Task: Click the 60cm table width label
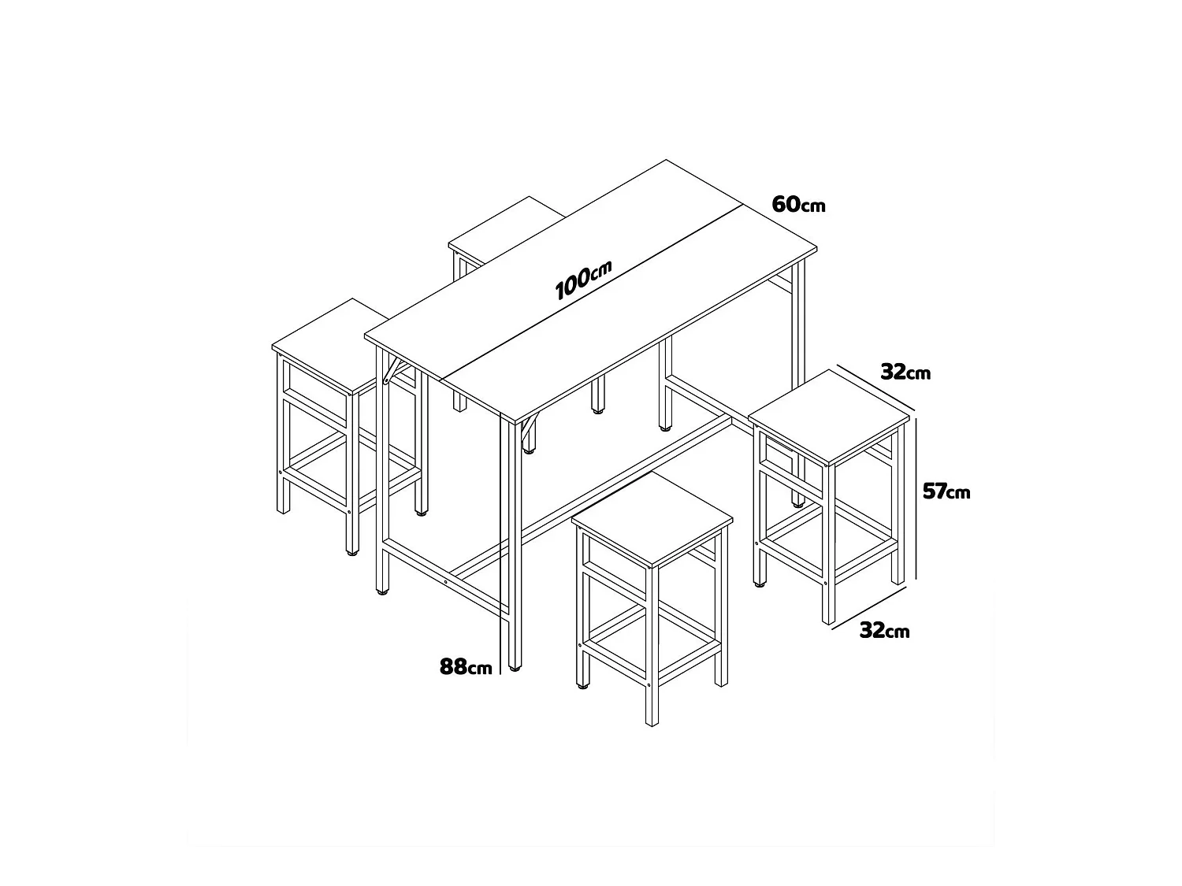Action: (x=798, y=204)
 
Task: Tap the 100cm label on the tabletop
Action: (x=583, y=281)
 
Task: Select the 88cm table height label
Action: (x=466, y=666)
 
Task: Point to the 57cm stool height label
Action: (x=946, y=491)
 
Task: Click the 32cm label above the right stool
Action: (x=905, y=372)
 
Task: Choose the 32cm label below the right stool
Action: (x=884, y=630)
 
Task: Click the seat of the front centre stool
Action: (x=652, y=517)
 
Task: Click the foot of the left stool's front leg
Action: (x=349, y=551)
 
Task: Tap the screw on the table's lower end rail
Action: (x=446, y=582)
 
